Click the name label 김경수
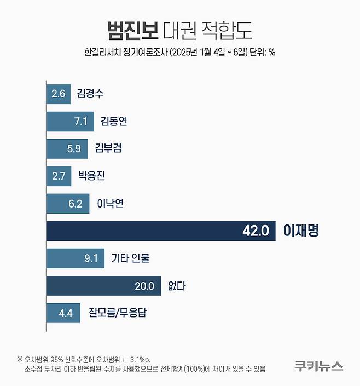[90, 94]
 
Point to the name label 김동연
[114, 122]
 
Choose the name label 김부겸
[108, 148]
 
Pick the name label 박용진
[91, 176]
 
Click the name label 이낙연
[111, 204]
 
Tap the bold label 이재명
[300, 231]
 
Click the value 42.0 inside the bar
[256, 231]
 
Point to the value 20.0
[144, 286]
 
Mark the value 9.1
[91, 258]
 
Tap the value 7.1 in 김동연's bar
[81, 122]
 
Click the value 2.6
[58, 94]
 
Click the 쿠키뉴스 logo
[318, 365]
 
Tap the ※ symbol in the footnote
[20, 359]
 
